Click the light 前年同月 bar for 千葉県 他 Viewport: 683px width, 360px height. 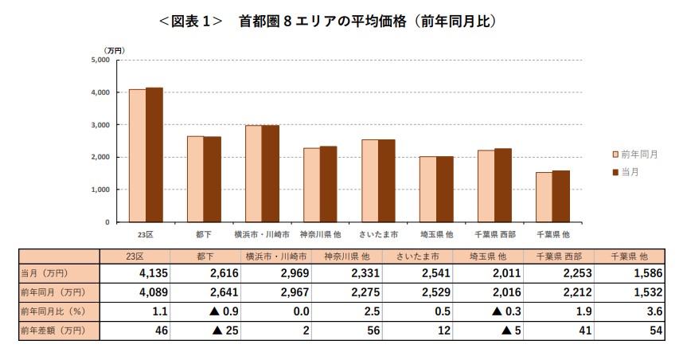[543, 197]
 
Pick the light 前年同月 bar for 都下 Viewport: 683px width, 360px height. [195, 179]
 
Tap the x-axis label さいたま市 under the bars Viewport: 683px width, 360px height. [378, 235]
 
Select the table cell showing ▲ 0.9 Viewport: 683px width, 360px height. [212, 311]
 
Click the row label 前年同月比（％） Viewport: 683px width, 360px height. [53, 311]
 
